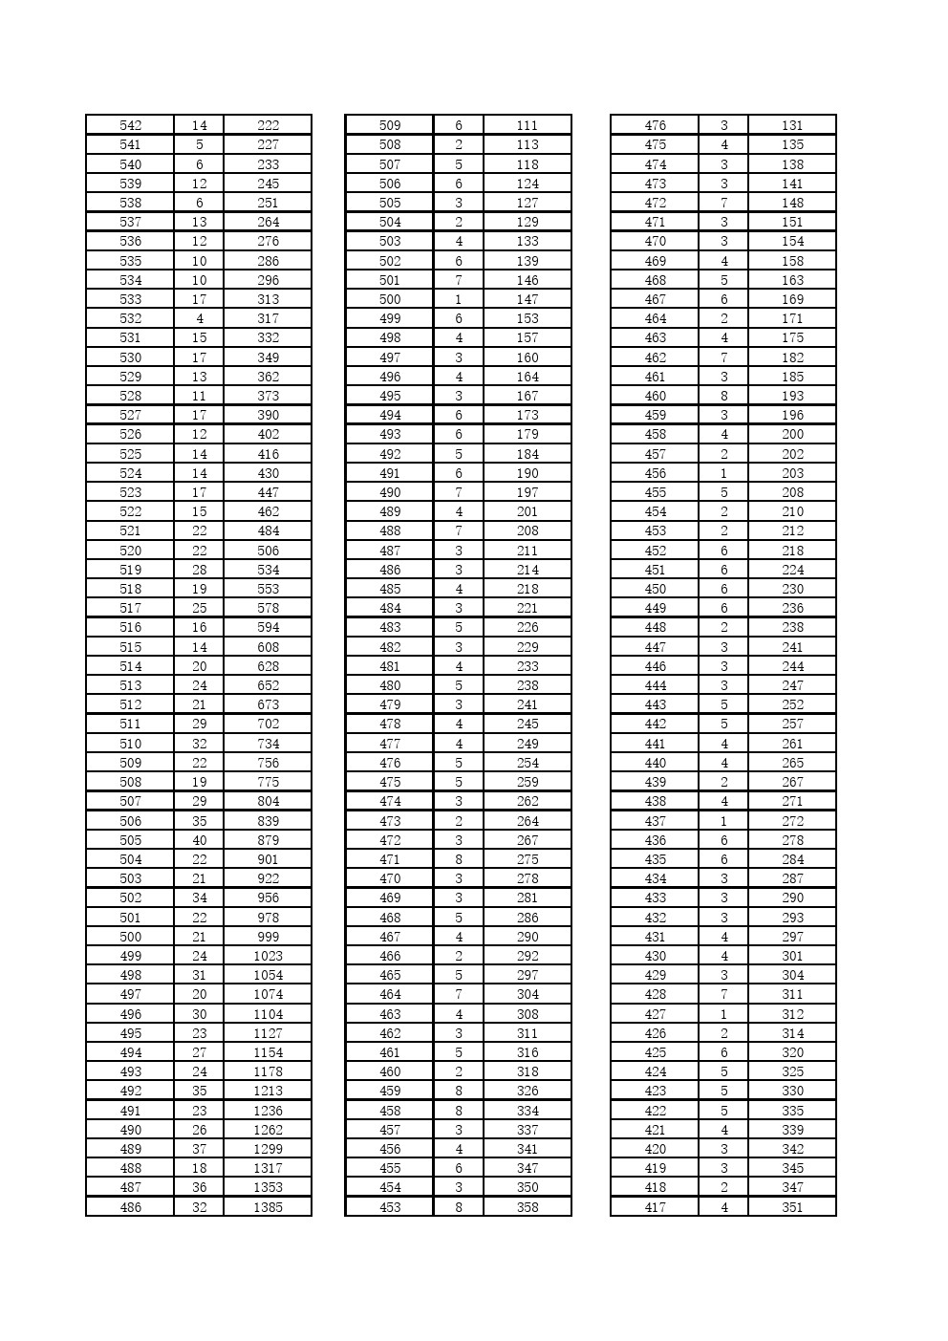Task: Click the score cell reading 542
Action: click(130, 125)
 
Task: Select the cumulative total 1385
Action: click(268, 1207)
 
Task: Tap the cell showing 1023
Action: click(268, 956)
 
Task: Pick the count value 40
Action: click(199, 840)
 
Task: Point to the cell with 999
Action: click(268, 937)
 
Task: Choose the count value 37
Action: click(199, 1149)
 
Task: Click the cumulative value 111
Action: click(528, 125)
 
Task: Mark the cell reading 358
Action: click(528, 1207)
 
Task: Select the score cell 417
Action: click(655, 1207)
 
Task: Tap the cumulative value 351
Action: click(792, 1207)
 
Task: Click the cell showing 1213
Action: click(268, 1091)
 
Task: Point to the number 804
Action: click(268, 801)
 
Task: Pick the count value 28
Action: click(199, 570)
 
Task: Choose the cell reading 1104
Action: click(268, 1014)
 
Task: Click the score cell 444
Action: click(655, 685)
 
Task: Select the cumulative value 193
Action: click(792, 396)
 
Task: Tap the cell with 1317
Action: click(268, 1168)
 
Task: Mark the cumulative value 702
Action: click(268, 724)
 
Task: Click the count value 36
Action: click(199, 1187)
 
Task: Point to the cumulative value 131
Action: click(792, 125)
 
